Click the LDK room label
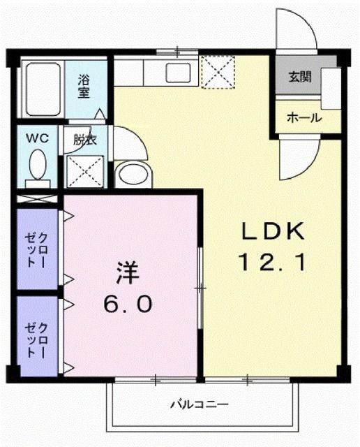click(273, 230)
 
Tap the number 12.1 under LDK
click(273, 263)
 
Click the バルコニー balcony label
click(200, 404)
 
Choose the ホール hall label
click(304, 118)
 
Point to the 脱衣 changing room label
click(85, 140)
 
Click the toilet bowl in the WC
click(38, 166)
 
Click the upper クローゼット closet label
click(37, 248)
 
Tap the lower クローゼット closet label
click(37, 339)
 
